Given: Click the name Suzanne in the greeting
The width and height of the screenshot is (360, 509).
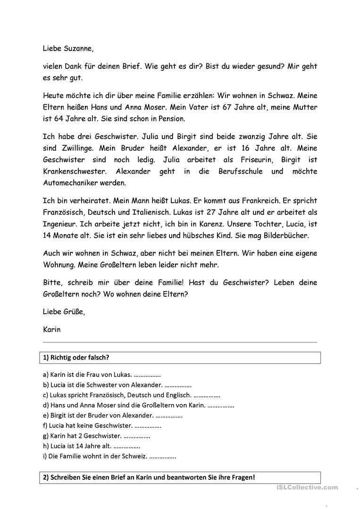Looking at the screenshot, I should click(74, 48).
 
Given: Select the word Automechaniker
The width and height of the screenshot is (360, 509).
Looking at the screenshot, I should click(71, 182).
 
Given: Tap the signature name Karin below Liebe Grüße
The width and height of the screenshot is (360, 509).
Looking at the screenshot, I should click(52, 329).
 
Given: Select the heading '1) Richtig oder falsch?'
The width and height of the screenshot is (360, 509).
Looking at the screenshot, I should click(76, 358).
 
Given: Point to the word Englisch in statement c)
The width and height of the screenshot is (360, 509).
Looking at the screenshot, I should click(178, 395).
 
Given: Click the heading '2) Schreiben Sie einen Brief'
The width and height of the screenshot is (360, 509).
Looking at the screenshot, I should click(149, 477).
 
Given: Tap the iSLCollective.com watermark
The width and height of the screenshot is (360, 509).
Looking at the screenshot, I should click(311, 487).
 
